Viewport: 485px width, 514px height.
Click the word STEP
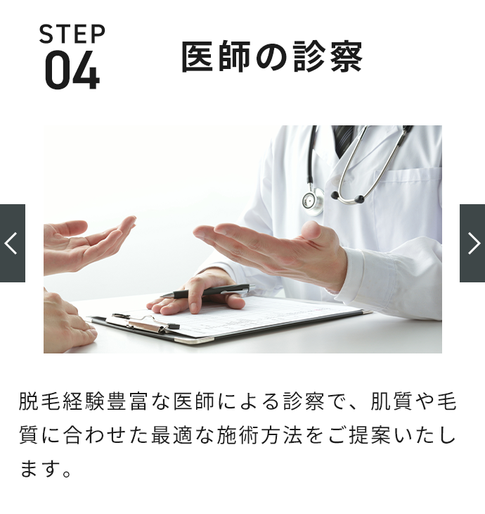pyautogui.click(x=72, y=34)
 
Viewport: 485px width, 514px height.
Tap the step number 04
pyautogui.click(x=72, y=70)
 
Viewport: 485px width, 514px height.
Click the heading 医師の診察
pyautogui.click(x=272, y=56)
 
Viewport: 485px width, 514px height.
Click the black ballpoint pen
pyautogui.click(x=207, y=291)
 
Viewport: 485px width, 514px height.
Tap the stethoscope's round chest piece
pyautogui.click(x=313, y=200)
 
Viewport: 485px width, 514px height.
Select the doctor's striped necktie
pyautogui.click(x=342, y=139)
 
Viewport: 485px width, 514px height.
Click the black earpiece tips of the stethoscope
pyautogui.click(x=347, y=197)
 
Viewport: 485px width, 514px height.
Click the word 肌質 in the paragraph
pyautogui.click(x=392, y=401)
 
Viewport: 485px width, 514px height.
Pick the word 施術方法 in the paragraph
pyautogui.click(x=259, y=435)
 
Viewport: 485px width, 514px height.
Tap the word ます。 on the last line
pyautogui.click(x=46, y=469)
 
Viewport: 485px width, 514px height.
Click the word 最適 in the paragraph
pyautogui.click(x=172, y=435)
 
